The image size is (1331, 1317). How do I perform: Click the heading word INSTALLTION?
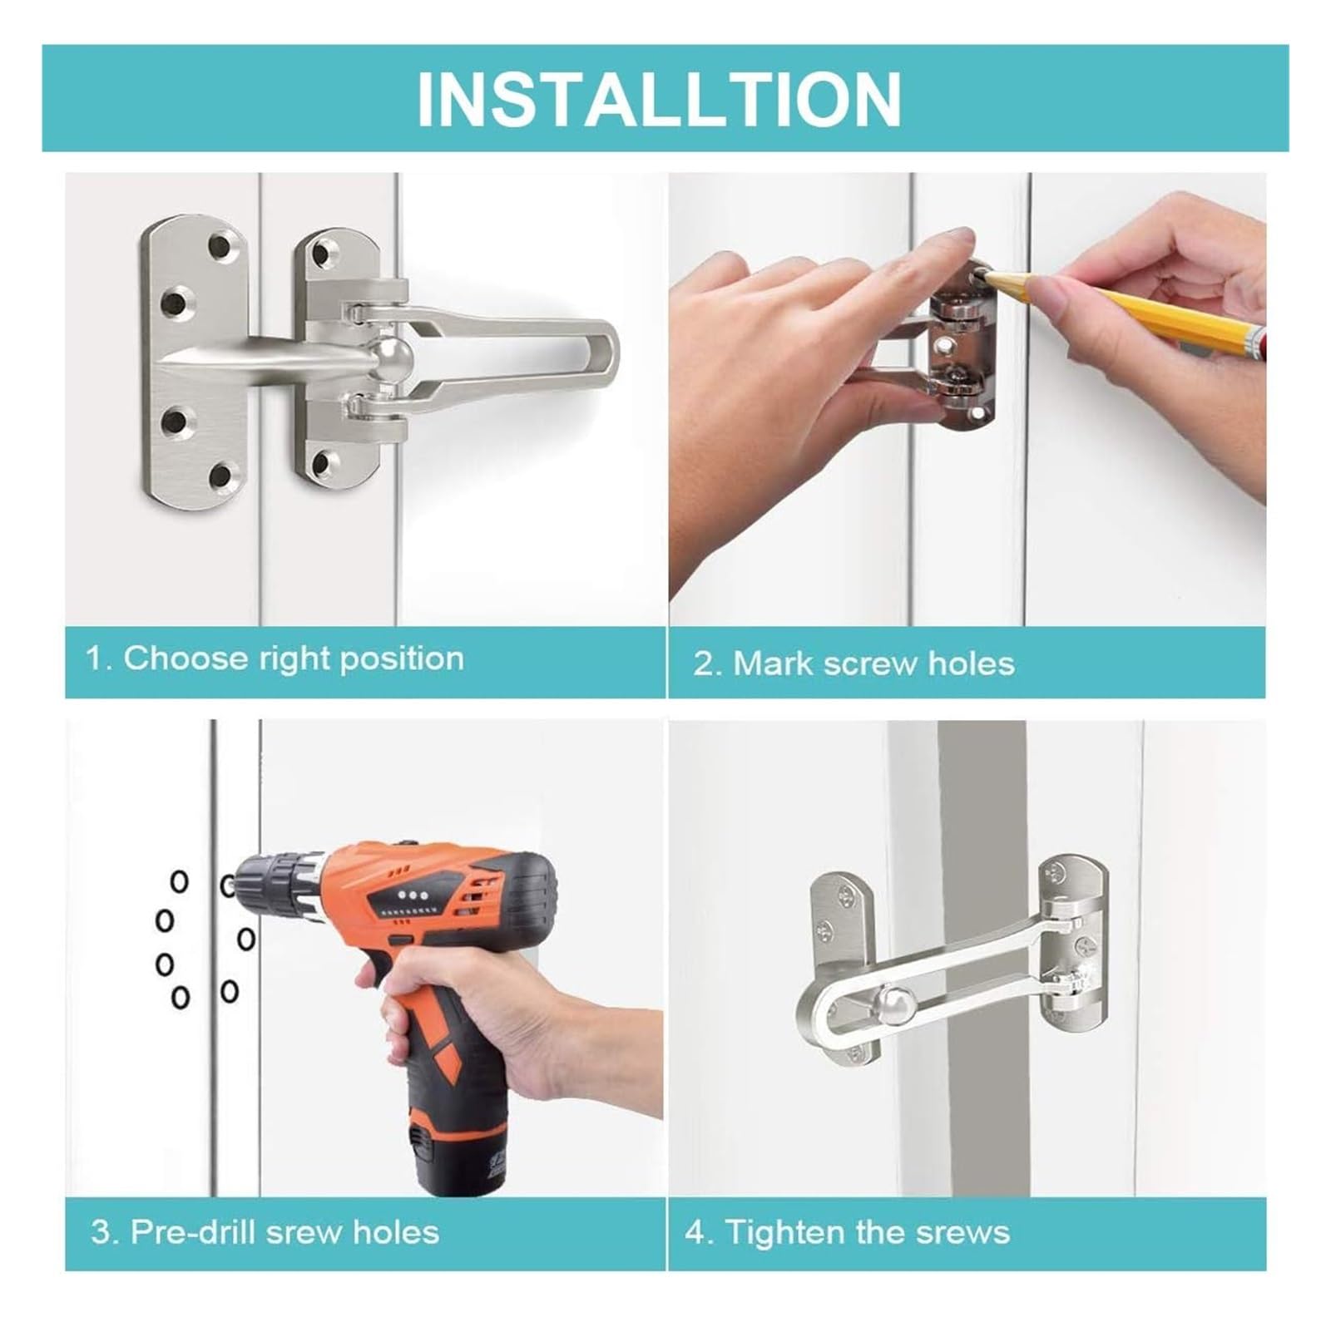pos(659,99)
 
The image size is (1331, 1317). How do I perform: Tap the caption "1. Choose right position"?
pos(275,659)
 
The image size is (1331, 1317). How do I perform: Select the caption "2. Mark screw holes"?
pos(854,663)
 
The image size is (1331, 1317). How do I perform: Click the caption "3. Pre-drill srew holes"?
pos(265,1231)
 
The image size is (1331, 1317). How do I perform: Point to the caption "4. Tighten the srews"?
pos(848,1231)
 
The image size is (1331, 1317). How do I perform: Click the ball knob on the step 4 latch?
pos(900,1001)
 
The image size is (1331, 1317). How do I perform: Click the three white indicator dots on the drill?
pos(411,895)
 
